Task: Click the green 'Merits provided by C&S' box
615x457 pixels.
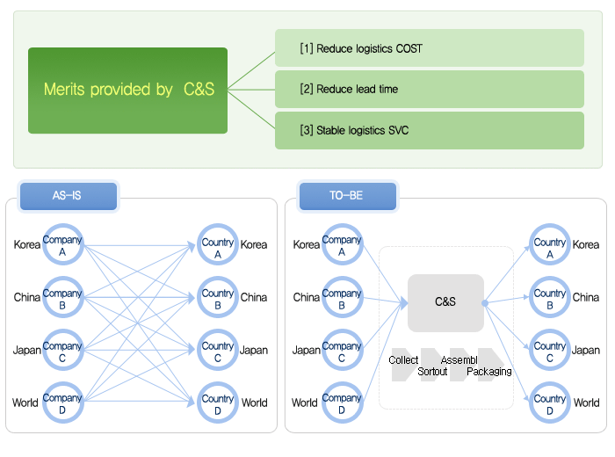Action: [128, 91]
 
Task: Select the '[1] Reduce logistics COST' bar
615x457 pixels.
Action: [430, 47]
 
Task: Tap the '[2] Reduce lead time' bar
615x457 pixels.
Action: [430, 89]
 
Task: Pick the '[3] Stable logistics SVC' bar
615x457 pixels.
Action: [430, 130]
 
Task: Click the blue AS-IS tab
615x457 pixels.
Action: [69, 196]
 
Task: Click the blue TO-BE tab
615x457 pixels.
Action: [348, 196]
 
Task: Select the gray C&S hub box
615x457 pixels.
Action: [445, 303]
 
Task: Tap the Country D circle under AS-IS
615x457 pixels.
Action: [218, 385]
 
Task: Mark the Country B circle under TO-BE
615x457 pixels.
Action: [549, 279]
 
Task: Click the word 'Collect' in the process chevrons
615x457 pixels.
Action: [403, 360]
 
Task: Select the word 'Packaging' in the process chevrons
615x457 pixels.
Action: [489, 372]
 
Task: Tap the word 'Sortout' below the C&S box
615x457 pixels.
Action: [432, 372]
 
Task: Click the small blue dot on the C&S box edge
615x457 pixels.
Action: [485, 303]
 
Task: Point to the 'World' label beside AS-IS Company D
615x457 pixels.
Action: [25, 403]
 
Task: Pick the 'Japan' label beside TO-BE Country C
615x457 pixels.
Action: [586, 350]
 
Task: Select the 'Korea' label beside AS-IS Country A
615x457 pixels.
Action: [254, 245]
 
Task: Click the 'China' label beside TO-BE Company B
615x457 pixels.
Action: [307, 297]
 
